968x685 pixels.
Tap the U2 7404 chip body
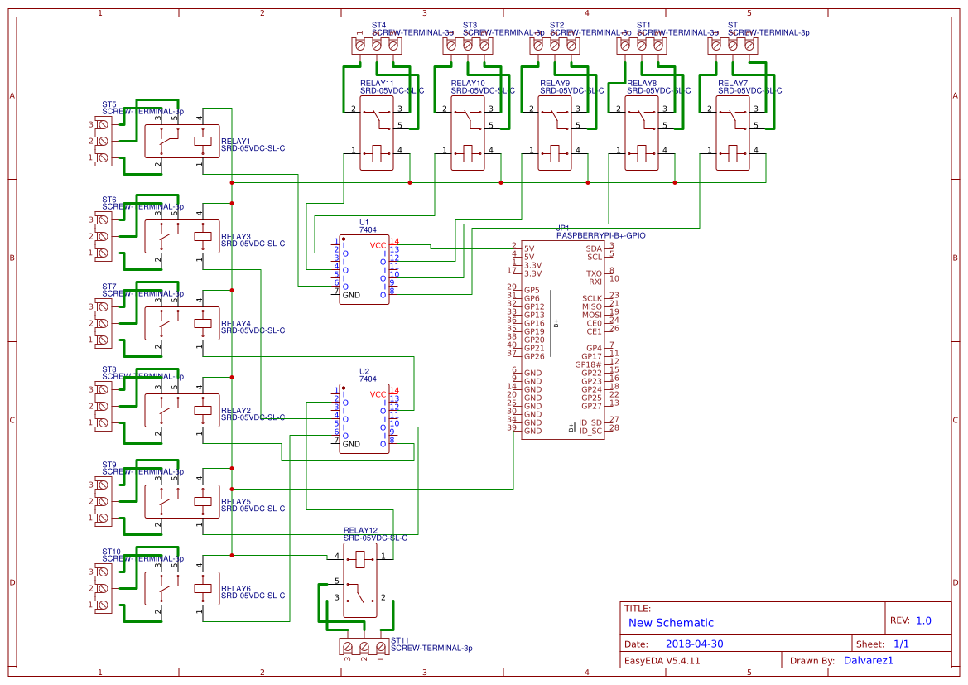pyautogui.click(x=364, y=419)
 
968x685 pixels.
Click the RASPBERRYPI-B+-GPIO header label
pyautogui.click(x=600, y=235)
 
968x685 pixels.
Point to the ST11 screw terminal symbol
pyautogui.click(x=364, y=646)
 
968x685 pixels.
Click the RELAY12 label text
pyautogui.click(x=360, y=530)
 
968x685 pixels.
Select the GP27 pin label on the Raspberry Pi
pyautogui.click(x=591, y=406)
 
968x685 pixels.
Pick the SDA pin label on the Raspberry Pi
pyautogui.click(x=594, y=248)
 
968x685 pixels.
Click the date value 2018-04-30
pyautogui.click(x=695, y=644)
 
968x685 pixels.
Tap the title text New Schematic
pyautogui.click(x=671, y=623)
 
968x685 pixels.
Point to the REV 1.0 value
pyautogui.click(x=922, y=620)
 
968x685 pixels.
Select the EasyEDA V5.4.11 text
pyautogui.click(x=662, y=660)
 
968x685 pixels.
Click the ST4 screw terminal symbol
pyautogui.click(x=377, y=46)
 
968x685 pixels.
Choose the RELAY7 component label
pyautogui.click(x=732, y=84)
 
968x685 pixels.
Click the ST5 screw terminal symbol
pyautogui.click(x=103, y=141)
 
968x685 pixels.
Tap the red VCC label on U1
pyautogui.click(x=377, y=245)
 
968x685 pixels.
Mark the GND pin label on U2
pyautogui.click(x=351, y=444)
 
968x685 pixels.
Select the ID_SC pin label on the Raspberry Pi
pyautogui.click(x=590, y=431)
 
